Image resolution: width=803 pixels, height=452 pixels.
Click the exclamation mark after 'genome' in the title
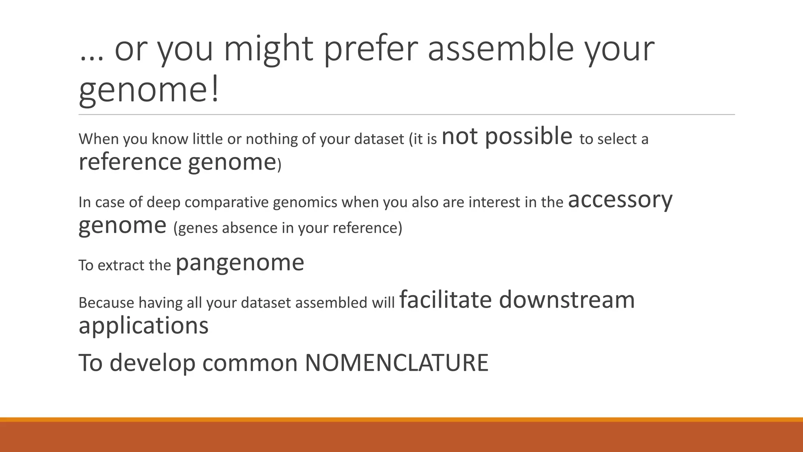coord(215,90)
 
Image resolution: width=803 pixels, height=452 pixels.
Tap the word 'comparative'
coord(227,202)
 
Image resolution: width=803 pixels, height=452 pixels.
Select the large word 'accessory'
coord(620,200)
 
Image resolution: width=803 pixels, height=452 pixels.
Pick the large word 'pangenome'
coord(240,264)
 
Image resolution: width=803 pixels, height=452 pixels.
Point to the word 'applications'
coord(144,326)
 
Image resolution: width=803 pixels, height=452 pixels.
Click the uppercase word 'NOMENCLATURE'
coord(396,363)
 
